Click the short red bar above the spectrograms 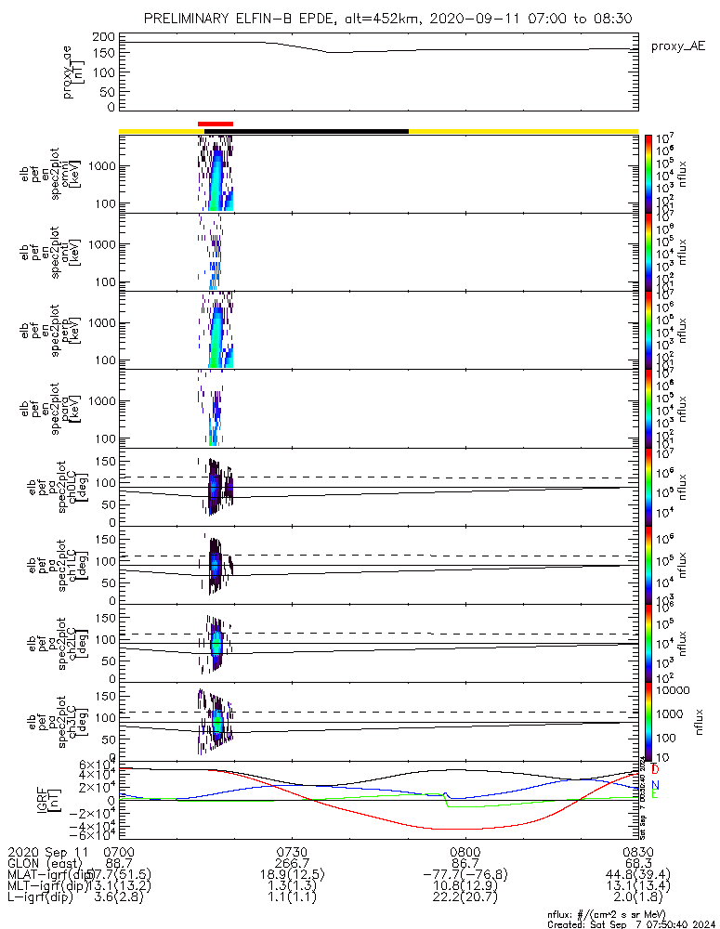(x=216, y=123)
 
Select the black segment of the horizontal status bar (x=321, y=131)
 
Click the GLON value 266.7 (x=292, y=864)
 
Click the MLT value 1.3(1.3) (x=292, y=888)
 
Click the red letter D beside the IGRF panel (x=655, y=770)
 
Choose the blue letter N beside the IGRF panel (x=655, y=785)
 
